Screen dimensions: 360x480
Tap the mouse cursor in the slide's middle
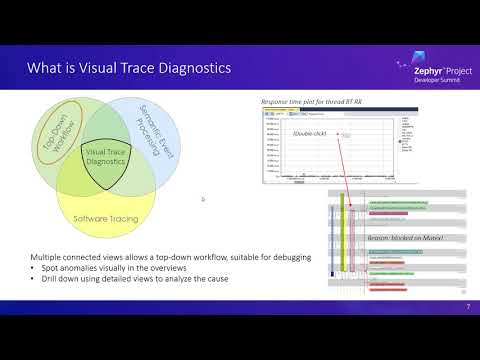coord(203,198)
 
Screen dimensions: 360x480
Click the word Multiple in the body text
coord(45,257)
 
